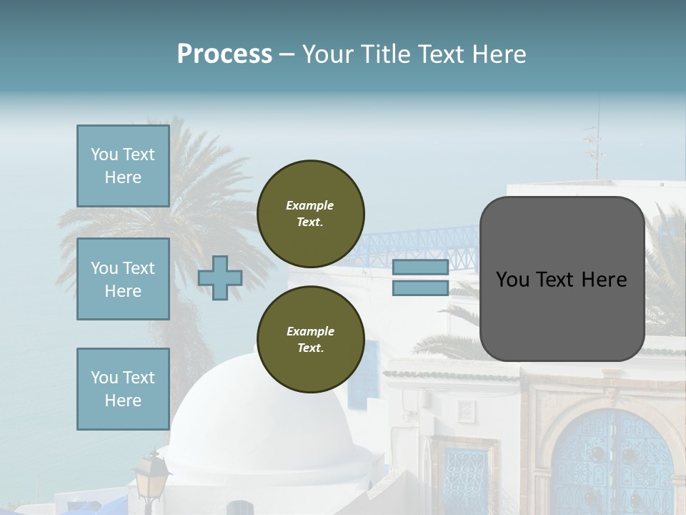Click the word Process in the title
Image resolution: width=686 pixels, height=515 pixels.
pos(224,54)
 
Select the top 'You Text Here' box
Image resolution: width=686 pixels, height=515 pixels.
pos(123,166)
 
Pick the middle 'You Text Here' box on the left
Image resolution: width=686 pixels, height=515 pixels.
pos(123,279)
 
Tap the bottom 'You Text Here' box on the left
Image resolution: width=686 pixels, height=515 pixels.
pos(123,389)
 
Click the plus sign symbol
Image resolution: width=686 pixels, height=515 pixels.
pos(219,278)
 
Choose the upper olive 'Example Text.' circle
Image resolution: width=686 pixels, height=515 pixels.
pos(311,214)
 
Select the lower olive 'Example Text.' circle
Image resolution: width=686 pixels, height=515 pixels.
pos(311,340)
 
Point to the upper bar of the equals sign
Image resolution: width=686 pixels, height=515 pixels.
pos(420,268)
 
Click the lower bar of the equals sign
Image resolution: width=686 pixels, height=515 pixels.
pos(420,288)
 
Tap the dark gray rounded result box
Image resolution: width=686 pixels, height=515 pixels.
pos(562,279)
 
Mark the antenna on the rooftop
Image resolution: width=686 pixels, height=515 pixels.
pos(595,143)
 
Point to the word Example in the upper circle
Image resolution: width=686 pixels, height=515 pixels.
pos(310,205)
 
